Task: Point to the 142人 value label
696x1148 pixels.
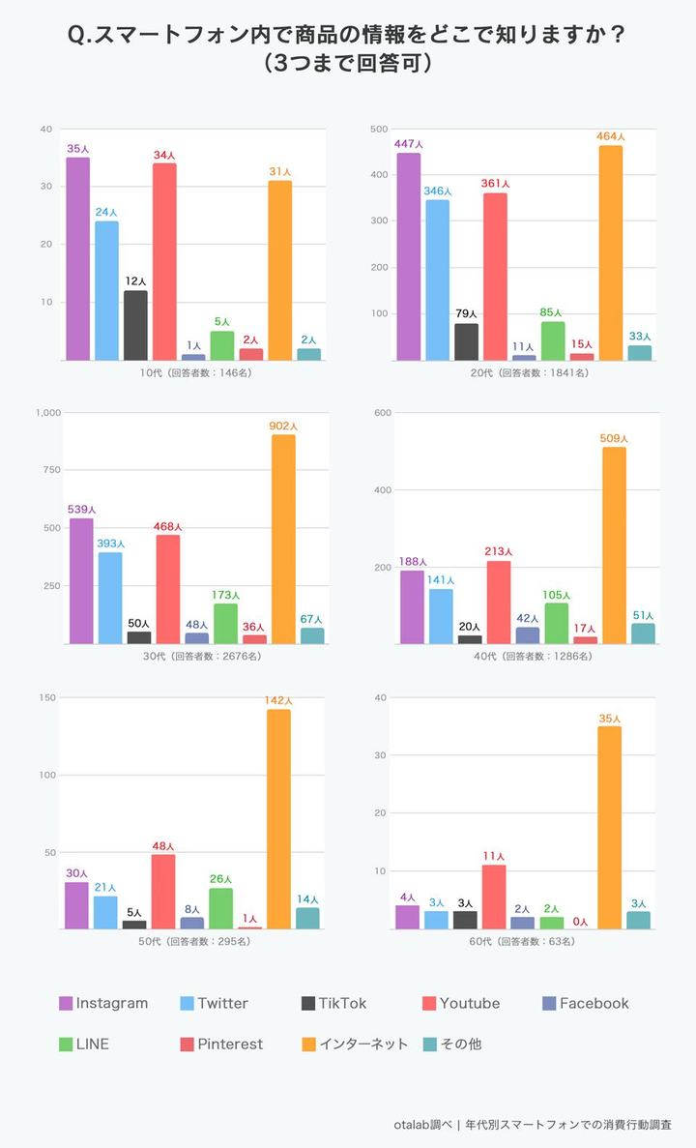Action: click(278, 700)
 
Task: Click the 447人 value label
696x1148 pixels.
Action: click(409, 144)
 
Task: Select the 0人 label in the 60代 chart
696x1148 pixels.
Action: click(580, 922)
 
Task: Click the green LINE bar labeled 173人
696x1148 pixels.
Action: click(225, 623)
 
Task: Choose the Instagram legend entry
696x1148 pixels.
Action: click(103, 1003)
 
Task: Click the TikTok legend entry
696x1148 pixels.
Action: click(334, 1003)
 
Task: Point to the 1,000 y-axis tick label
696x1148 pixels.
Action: click(47, 413)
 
